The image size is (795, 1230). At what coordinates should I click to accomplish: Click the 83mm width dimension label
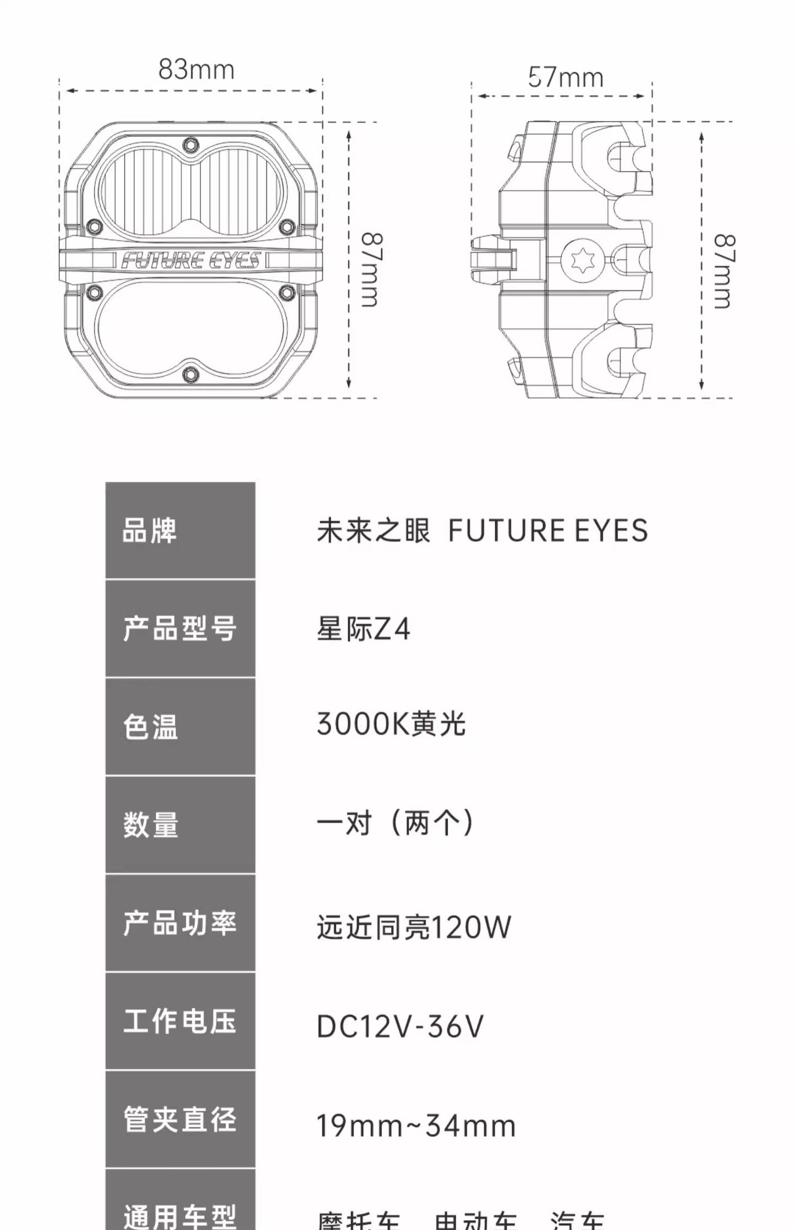(196, 70)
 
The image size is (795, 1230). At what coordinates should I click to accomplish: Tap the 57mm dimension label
(566, 78)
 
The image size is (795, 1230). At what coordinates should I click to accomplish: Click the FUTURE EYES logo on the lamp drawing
(190, 260)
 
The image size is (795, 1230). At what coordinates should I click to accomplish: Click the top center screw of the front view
(190, 145)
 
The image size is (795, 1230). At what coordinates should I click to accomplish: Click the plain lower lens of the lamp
(190, 328)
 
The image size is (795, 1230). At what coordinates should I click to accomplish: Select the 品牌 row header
(180, 531)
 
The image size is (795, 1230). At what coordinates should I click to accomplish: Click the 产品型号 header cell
(180, 628)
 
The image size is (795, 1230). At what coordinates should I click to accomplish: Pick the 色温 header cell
(180, 726)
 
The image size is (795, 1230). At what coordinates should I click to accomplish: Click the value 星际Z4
(363, 629)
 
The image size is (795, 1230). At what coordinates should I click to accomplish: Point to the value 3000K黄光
(391, 724)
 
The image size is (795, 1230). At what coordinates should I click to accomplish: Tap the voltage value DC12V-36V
(400, 1026)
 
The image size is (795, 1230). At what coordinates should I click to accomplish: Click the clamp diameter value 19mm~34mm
(416, 1125)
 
